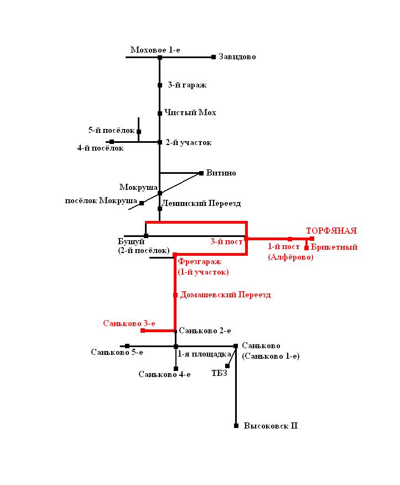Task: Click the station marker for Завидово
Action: [214, 56]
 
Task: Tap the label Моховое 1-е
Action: [155, 50]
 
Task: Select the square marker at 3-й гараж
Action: [160, 85]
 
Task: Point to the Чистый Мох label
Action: [190, 113]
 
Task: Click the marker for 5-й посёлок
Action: [139, 131]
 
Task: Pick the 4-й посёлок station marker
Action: [112, 142]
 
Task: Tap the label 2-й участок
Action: [189, 143]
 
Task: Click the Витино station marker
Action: [201, 173]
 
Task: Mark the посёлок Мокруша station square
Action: [142, 203]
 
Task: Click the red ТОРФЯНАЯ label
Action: [331, 231]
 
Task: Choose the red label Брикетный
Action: [334, 247]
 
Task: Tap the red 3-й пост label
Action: [227, 241]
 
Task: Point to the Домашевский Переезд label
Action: [226, 295]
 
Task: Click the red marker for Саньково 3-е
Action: [143, 331]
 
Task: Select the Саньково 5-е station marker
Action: [127, 346]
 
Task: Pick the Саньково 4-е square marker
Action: [176, 369]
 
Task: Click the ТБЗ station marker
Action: [227, 366]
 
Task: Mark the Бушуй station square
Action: [146, 236]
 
